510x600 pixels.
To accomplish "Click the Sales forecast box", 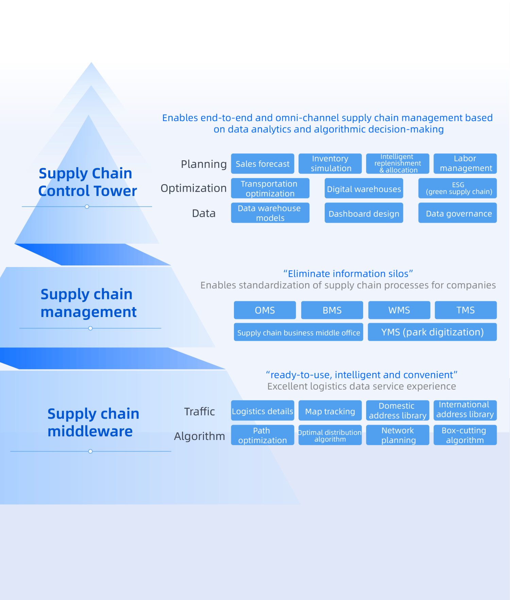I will tap(262, 164).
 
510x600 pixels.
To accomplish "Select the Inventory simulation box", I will tap(330, 164).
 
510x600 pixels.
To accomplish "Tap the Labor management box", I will tap(465, 164).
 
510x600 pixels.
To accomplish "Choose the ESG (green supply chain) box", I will tap(457, 188).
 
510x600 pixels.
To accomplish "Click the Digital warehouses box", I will tap(364, 189).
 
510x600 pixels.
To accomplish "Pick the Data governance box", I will tap(457, 213).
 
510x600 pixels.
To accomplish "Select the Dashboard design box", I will tap(364, 213).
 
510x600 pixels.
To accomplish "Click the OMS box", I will tap(265, 310).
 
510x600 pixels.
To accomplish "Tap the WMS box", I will tap(399, 310).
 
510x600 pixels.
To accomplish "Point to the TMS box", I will tap(465, 310).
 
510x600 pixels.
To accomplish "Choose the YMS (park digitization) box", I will tap(432, 332).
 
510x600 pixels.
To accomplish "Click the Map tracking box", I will tap(330, 411).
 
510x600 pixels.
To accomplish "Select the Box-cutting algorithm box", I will tap(465, 435).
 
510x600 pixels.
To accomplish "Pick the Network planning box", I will tap(397, 435).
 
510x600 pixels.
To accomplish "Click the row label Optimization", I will tap(193, 188).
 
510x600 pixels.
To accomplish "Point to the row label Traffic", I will tap(199, 411).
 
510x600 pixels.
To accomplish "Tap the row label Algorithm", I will tap(199, 436).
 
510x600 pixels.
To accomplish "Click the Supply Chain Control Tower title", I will tap(87, 182).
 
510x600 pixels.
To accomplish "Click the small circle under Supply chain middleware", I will tap(90, 452).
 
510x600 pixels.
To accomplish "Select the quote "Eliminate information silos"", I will tap(348, 273).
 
